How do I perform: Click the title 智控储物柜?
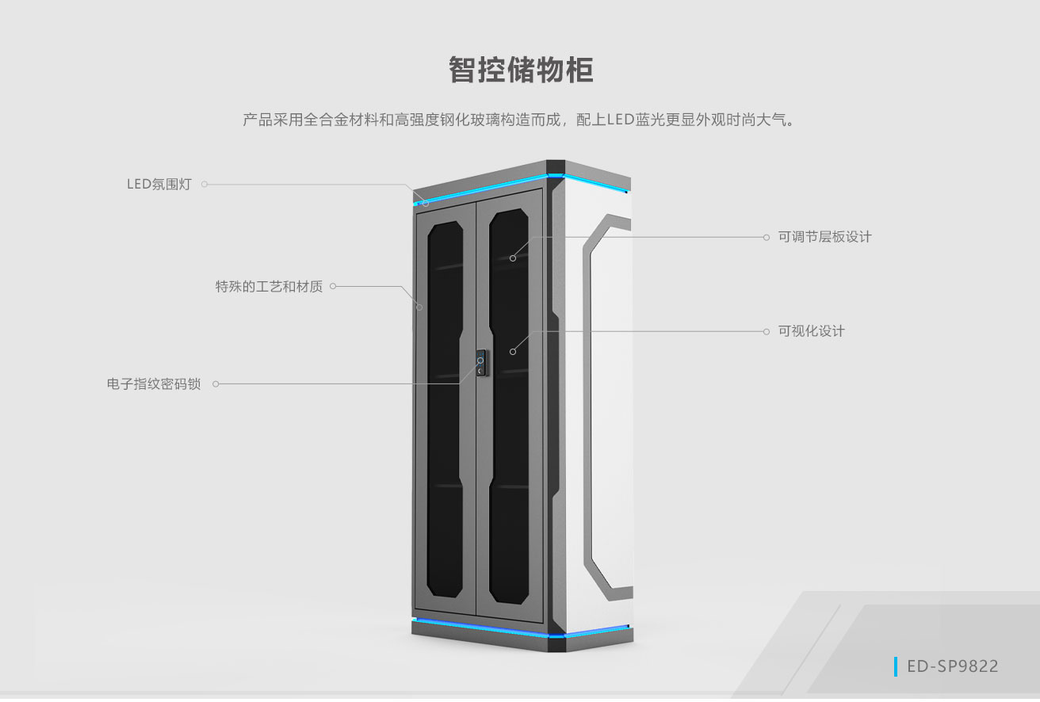521,70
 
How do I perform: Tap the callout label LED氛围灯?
159,184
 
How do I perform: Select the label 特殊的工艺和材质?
269,286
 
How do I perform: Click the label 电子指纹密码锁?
154,383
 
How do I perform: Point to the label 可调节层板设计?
825,237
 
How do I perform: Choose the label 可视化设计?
812,331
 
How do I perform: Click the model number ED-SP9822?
953,666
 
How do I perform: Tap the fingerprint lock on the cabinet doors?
481,363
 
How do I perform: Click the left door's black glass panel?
445,409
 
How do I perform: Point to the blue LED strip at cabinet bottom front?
483,627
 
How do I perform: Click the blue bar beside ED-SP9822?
896,666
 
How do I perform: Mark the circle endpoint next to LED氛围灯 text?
205,184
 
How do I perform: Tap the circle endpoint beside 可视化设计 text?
766,331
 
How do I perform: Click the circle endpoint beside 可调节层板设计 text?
766,237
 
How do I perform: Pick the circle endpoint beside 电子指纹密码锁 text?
216,383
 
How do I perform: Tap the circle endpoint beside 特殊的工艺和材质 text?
333,286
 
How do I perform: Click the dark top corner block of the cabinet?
556,167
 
